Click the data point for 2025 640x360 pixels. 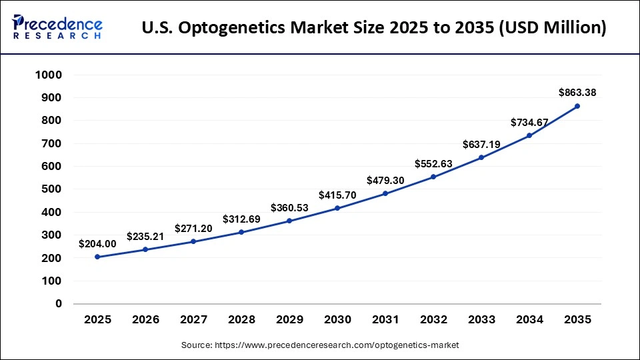pos(97,257)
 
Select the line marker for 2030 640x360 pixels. pos(337,208)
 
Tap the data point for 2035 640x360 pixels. pos(577,106)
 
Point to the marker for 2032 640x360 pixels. pos(433,177)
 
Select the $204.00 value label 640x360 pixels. pos(97,244)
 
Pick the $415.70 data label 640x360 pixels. pos(337,195)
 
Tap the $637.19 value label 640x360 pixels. pos(481,145)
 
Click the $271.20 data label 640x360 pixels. pos(193,229)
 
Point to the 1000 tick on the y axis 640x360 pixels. pos(48,75)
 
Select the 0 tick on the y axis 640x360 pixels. pos(59,303)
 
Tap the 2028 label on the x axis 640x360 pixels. pos(241,320)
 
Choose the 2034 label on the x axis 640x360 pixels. pos(529,320)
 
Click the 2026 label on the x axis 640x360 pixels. pos(145,320)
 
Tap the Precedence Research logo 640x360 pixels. pos(57,27)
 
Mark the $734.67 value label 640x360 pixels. pos(529,123)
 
